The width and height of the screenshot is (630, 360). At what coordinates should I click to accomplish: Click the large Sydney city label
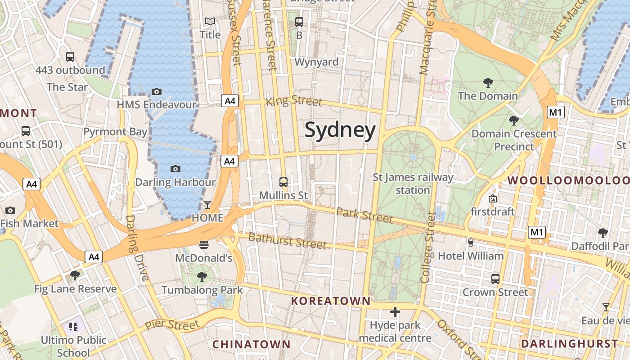tap(340, 130)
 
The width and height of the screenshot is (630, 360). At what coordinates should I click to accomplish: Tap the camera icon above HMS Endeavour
tap(156, 92)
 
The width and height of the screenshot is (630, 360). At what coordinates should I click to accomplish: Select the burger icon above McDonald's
tap(204, 245)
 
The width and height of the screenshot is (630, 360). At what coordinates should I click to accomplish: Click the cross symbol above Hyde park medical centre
tap(395, 312)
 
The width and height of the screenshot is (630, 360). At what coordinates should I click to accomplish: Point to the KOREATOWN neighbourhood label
tap(330, 301)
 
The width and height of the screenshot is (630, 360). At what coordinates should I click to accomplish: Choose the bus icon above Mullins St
tap(283, 182)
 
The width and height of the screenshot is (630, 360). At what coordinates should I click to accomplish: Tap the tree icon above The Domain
tap(488, 83)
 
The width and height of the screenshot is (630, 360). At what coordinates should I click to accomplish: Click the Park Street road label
tap(364, 215)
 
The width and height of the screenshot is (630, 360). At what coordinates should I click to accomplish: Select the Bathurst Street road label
tap(287, 241)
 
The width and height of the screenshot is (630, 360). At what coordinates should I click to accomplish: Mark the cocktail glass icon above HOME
tap(207, 205)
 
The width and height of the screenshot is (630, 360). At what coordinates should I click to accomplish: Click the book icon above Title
tap(210, 22)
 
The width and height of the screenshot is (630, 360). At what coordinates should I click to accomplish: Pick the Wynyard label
tap(316, 62)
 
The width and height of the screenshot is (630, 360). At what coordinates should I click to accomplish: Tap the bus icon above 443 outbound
tap(70, 57)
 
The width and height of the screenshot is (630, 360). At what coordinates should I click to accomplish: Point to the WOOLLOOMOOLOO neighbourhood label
tap(568, 180)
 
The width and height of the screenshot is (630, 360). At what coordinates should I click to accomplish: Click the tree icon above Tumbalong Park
tap(202, 277)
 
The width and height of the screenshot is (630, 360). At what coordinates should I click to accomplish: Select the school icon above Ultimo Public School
tap(73, 326)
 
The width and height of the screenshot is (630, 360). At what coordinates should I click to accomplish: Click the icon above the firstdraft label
tap(493, 198)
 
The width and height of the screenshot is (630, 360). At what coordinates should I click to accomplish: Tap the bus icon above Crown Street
tap(495, 279)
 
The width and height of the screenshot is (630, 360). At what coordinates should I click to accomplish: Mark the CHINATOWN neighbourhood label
tap(251, 344)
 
